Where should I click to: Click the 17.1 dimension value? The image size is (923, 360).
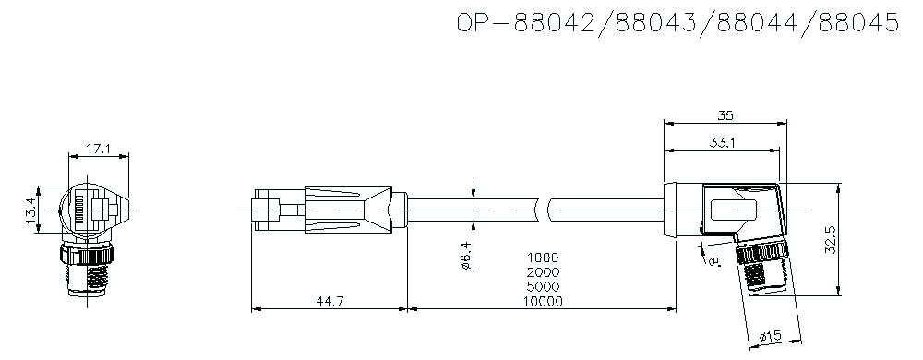99,148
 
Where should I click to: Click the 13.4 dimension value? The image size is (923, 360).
30,211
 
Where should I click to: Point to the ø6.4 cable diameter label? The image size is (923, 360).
467,255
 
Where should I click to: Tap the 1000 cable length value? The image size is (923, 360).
544,258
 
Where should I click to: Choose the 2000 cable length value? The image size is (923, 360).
544,272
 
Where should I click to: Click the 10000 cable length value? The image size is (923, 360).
544,301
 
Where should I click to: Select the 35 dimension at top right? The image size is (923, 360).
725,116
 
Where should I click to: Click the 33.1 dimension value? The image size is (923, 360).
723,143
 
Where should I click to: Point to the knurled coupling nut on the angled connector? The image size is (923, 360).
759,252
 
